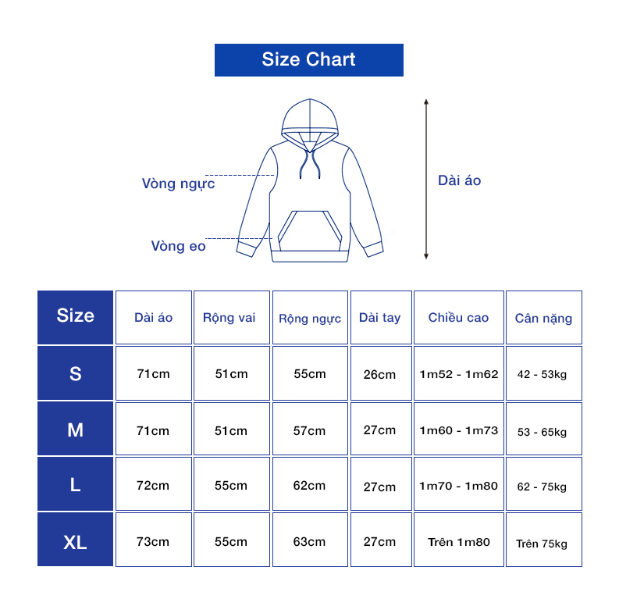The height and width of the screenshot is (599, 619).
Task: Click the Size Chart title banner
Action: pyautogui.click(x=308, y=60)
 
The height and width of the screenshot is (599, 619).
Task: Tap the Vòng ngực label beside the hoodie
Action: pyautogui.click(x=179, y=184)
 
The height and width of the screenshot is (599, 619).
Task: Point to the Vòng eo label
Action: pyautogui.click(x=179, y=246)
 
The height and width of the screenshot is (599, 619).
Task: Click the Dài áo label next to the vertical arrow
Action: pyautogui.click(x=460, y=180)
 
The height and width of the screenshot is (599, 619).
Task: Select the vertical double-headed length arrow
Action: pyautogui.click(x=426, y=180)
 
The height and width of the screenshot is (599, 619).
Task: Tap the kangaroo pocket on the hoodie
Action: pyautogui.click(x=310, y=231)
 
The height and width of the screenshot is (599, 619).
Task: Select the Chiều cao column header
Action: pyautogui.click(x=459, y=318)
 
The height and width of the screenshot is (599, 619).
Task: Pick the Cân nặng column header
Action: pyautogui.click(x=543, y=318)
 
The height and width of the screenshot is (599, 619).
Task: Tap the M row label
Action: pyautogui.click(x=76, y=429)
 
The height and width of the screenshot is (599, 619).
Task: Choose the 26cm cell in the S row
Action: pyautogui.click(x=381, y=373)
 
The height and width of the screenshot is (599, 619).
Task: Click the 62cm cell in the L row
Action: pyautogui.click(x=310, y=484)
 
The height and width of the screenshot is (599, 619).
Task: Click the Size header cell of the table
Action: pyautogui.click(x=76, y=318)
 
